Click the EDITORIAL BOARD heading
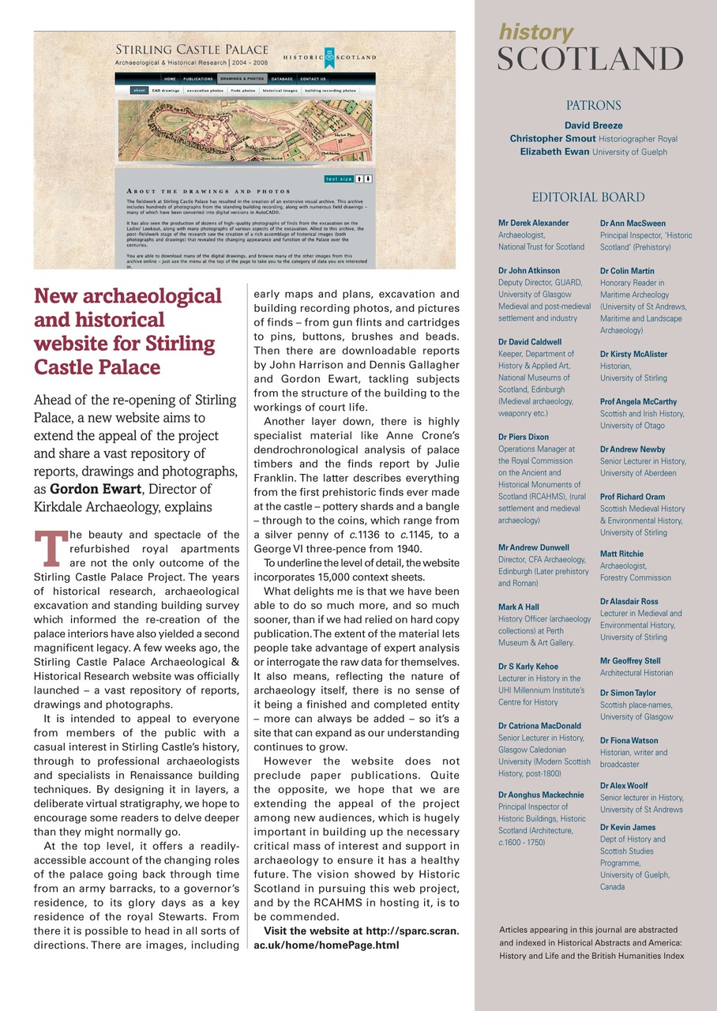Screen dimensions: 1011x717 click(x=587, y=197)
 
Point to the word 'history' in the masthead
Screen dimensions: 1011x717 click(x=536, y=32)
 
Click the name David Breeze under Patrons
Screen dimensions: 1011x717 click(x=593, y=125)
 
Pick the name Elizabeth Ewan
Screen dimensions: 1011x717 click(x=551, y=152)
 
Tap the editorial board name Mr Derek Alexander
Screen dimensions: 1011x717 click(x=533, y=224)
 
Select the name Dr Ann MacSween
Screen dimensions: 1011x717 click(x=633, y=224)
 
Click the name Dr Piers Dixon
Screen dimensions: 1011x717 click(x=524, y=437)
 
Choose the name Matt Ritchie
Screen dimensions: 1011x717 click(x=621, y=554)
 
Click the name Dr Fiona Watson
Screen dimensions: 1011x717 click(x=629, y=740)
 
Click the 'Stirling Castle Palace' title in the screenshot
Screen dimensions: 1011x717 click(x=192, y=50)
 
